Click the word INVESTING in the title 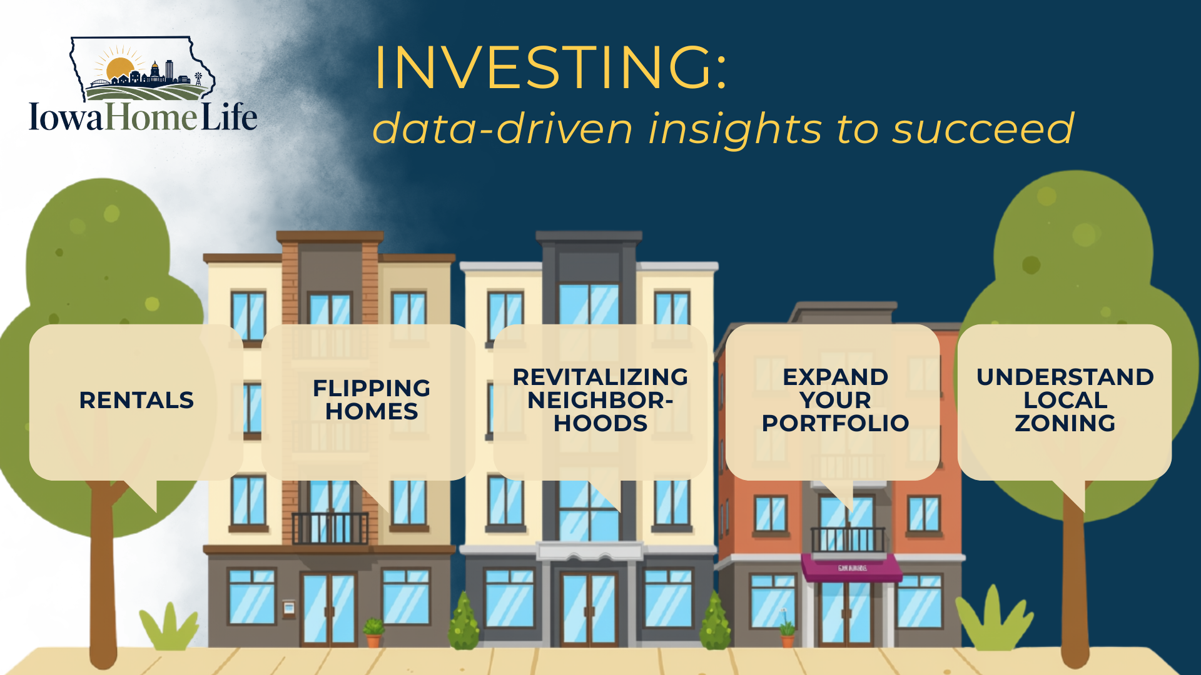544,67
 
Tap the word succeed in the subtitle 983,129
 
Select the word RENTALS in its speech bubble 136,400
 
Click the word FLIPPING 372,388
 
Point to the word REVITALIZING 600,377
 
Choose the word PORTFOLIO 835,423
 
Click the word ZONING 1065,423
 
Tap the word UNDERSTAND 1065,377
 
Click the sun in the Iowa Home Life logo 120,69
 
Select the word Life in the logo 229,117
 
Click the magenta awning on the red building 852,567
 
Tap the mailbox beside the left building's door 288,607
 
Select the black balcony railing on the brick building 330,528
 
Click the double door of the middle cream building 589,609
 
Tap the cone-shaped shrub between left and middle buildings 464,621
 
